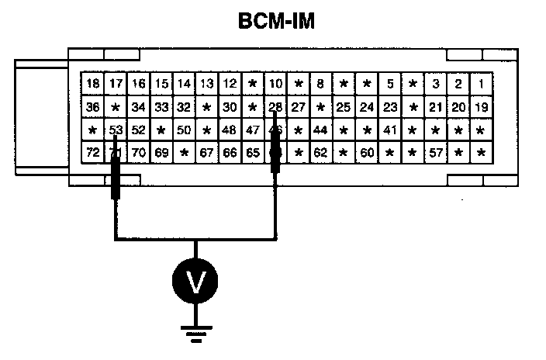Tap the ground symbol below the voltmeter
point(195,334)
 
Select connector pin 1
point(482,84)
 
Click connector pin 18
point(93,84)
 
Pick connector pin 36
point(93,107)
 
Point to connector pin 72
point(93,153)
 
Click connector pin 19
point(482,107)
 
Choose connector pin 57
point(437,153)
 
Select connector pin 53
point(116,130)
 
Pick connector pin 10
point(275,84)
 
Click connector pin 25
point(344,107)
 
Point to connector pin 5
point(390,84)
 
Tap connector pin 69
point(161,153)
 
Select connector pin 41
point(390,130)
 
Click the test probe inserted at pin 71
point(116,175)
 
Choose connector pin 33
point(161,107)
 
